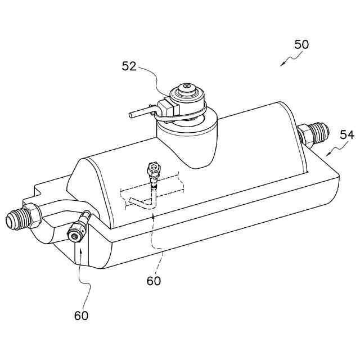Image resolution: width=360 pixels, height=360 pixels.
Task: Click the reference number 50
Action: point(301,44)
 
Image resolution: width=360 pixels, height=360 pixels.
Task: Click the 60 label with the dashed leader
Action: point(154,280)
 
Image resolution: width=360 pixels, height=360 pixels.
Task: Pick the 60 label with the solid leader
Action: point(81,316)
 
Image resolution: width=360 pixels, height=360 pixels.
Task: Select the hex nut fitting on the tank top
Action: point(152,168)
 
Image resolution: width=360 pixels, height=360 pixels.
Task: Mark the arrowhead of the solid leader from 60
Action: point(80,246)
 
